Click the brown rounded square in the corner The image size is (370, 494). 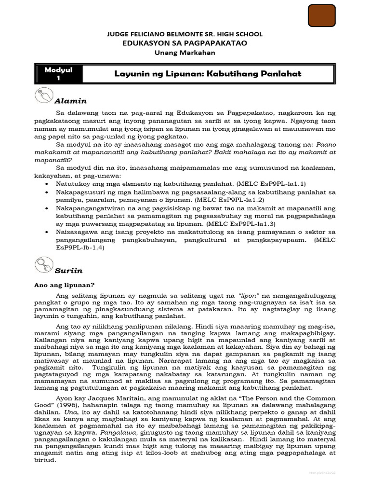[x=321, y=15]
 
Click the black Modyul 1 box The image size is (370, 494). [x=58, y=74]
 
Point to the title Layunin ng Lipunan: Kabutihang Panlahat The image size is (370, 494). [x=208, y=74]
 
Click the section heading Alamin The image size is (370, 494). [x=70, y=101]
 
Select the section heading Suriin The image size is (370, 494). [x=68, y=272]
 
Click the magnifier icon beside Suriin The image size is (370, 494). [x=45, y=266]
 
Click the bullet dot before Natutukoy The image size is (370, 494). [x=46, y=184]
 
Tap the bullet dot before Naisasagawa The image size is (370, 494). [x=46, y=233]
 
